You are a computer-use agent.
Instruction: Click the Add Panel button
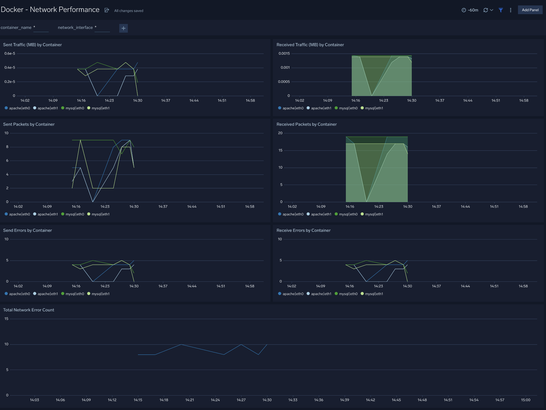click(x=530, y=10)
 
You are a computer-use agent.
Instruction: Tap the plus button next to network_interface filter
click(x=123, y=28)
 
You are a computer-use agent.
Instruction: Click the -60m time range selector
click(x=470, y=10)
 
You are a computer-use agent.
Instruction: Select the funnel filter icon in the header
click(x=501, y=10)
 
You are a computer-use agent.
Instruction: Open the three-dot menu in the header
click(x=511, y=10)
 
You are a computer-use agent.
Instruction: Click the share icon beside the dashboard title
click(x=107, y=10)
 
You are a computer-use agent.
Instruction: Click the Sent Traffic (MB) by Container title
click(x=32, y=45)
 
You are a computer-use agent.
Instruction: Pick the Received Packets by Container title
click(x=306, y=124)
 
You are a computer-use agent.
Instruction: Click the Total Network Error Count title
click(x=29, y=310)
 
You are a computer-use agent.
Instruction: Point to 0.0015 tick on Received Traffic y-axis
click(x=284, y=53)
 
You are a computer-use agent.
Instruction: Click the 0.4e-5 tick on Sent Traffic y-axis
click(x=10, y=68)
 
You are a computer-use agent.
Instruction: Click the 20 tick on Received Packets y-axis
click(x=280, y=133)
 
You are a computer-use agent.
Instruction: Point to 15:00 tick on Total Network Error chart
click(x=525, y=400)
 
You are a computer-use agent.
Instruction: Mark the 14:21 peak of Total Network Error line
click(x=181, y=344)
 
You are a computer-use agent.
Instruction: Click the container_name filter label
click(x=16, y=28)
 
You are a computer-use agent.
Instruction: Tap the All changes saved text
click(x=129, y=11)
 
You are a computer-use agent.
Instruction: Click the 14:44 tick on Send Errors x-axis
click(x=192, y=286)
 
